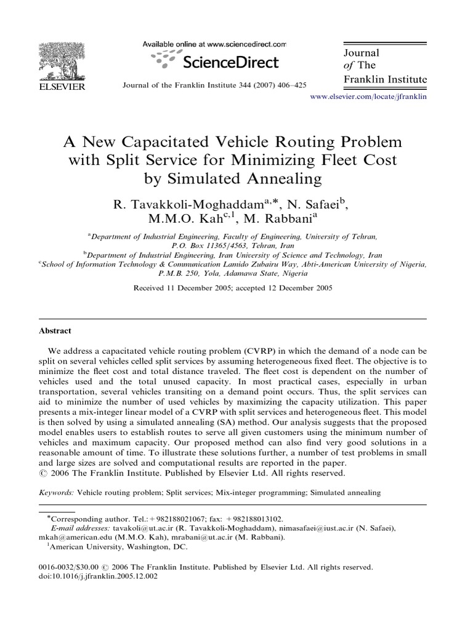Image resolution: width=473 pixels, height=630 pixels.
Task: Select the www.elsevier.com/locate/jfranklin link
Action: click(x=368, y=97)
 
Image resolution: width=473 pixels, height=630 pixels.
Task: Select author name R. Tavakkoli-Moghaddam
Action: click(x=188, y=204)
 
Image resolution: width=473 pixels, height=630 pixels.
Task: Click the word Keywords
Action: click(x=55, y=492)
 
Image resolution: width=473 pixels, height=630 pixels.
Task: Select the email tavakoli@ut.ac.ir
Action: click(x=142, y=528)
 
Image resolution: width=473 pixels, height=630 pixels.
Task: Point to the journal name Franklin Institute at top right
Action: click(x=384, y=79)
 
